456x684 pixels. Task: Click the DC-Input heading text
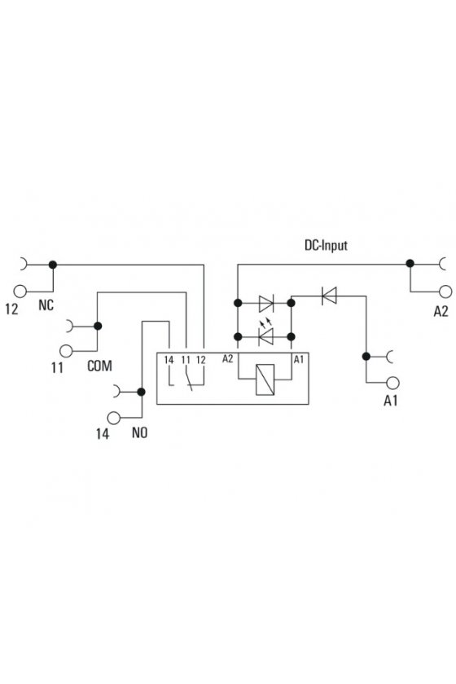pyautogui.click(x=326, y=245)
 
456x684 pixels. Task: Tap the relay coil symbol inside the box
pyautogui.click(x=265, y=379)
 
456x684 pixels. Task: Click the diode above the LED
pyautogui.click(x=265, y=303)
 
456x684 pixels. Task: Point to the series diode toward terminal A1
pyautogui.click(x=329, y=296)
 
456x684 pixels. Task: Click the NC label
pyautogui.click(x=46, y=305)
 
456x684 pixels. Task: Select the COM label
pyautogui.click(x=99, y=366)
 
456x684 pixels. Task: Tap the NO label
pyautogui.click(x=139, y=432)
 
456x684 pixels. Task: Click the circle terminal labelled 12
pyautogui.click(x=20, y=291)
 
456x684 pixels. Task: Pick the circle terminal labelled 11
pyautogui.click(x=66, y=351)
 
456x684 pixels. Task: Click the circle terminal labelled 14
pyautogui.click(x=114, y=418)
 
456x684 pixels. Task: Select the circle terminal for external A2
pyautogui.click(x=445, y=292)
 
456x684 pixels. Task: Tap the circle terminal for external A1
pyautogui.click(x=392, y=383)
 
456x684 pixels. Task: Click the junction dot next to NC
pyautogui.click(x=53, y=265)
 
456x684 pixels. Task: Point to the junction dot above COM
pyautogui.click(x=98, y=326)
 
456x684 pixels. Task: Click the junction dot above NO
pyautogui.click(x=141, y=392)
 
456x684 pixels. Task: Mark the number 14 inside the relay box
pyautogui.click(x=169, y=360)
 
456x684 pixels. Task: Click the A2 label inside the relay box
pyautogui.click(x=228, y=358)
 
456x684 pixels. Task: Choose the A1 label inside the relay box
pyautogui.click(x=299, y=359)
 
